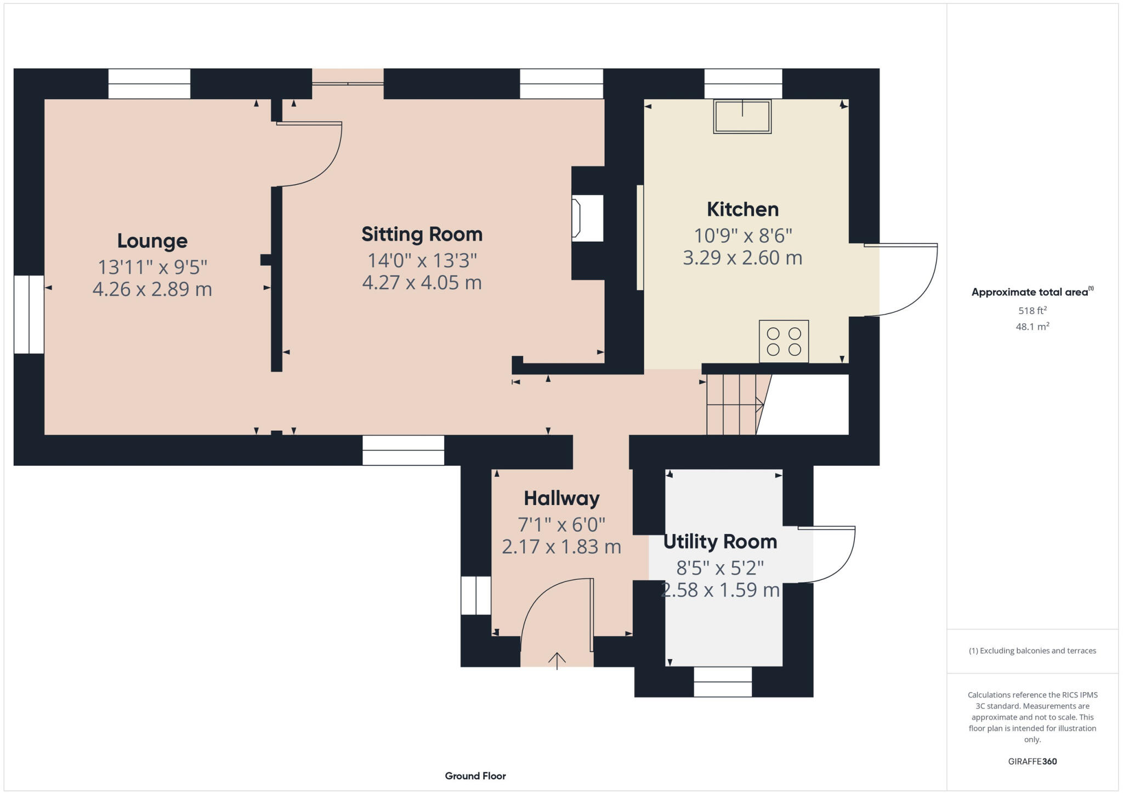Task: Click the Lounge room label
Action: (x=152, y=241)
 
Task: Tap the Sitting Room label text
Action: (x=422, y=235)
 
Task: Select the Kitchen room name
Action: (x=742, y=209)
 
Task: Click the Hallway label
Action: (x=561, y=498)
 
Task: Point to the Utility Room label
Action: (x=720, y=541)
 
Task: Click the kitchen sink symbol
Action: (x=742, y=116)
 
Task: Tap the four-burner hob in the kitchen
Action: (x=784, y=341)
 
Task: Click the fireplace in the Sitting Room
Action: (x=587, y=218)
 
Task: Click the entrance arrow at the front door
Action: (x=557, y=660)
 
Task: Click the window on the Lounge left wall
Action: (x=29, y=315)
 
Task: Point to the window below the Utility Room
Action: (x=723, y=682)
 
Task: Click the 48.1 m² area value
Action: (x=1033, y=327)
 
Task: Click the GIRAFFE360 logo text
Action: (x=1032, y=761)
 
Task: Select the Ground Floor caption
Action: (x=475, y=776)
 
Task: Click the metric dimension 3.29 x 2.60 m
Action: (x=742, y=258)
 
